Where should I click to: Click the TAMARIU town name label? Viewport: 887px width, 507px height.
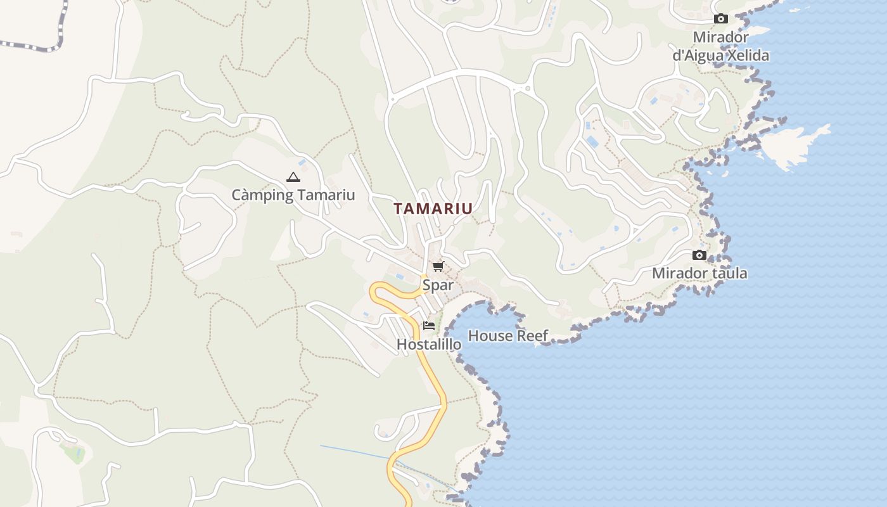point(433,209)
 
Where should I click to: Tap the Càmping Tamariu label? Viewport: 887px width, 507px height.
point(293,195)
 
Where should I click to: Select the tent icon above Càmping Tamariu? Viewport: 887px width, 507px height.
point(293,177)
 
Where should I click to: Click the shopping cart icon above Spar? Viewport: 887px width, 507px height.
point(438,266)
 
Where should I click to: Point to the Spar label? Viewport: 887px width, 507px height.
point(438,285)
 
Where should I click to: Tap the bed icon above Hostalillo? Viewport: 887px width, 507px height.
point(429,326)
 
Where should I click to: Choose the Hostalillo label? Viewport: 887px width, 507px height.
point(429,344)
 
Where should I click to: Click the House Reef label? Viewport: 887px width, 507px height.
point(508,336)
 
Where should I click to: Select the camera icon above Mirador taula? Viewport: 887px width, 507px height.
point(699,255)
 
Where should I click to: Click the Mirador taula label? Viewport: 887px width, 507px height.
point(699,274)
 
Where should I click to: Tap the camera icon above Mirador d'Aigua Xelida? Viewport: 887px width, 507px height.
point(721,19)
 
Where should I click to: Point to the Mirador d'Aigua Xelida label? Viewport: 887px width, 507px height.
point(721,46)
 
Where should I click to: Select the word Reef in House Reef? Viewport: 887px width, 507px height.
point(532,336)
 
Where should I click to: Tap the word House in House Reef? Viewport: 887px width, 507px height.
point(489,336)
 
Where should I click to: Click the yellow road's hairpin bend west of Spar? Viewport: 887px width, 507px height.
point(375,291)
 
